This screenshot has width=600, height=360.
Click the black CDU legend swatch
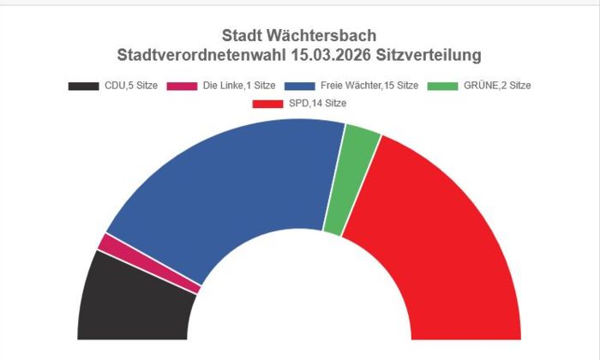point(83,86)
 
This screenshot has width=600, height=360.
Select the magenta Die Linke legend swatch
point(182,86)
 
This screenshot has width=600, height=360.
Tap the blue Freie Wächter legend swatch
point(299,86)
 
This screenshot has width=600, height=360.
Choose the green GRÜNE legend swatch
point(442,86)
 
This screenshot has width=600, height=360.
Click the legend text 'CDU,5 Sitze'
point(131,86)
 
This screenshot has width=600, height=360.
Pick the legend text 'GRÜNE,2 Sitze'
point(495,86)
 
